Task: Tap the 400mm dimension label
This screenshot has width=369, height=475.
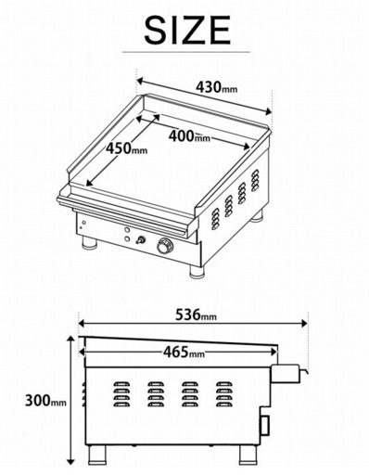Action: pos(189,135)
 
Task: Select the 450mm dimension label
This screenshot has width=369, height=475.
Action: pos(126,147)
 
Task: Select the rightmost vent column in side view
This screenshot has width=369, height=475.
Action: pos(223,395)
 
